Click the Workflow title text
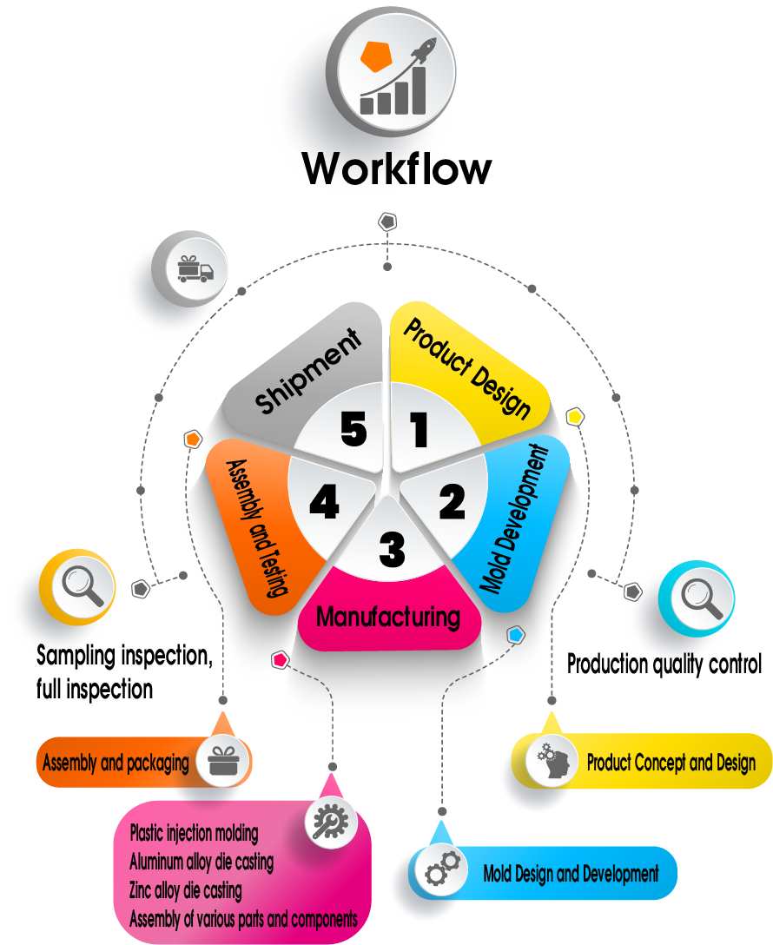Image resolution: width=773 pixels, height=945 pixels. tap(397, 168)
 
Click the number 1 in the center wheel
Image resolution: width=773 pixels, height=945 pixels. tap(420, 430)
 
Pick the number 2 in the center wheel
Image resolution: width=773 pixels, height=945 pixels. tap(453, 501)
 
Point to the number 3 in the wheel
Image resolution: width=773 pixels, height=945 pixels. tap(392, 549)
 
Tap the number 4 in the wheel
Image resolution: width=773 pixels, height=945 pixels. tap(324, 502)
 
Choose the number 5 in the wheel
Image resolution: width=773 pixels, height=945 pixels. tap(353, 429)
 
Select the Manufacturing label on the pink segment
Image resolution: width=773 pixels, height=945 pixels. tap(387, 618)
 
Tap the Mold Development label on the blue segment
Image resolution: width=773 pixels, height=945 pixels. tap(516, 519)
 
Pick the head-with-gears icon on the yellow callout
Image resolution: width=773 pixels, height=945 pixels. tap(553, 762)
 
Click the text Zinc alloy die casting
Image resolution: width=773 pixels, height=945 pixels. tap(186, 890)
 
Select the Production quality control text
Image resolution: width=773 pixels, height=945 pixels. tap(664, 664)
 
